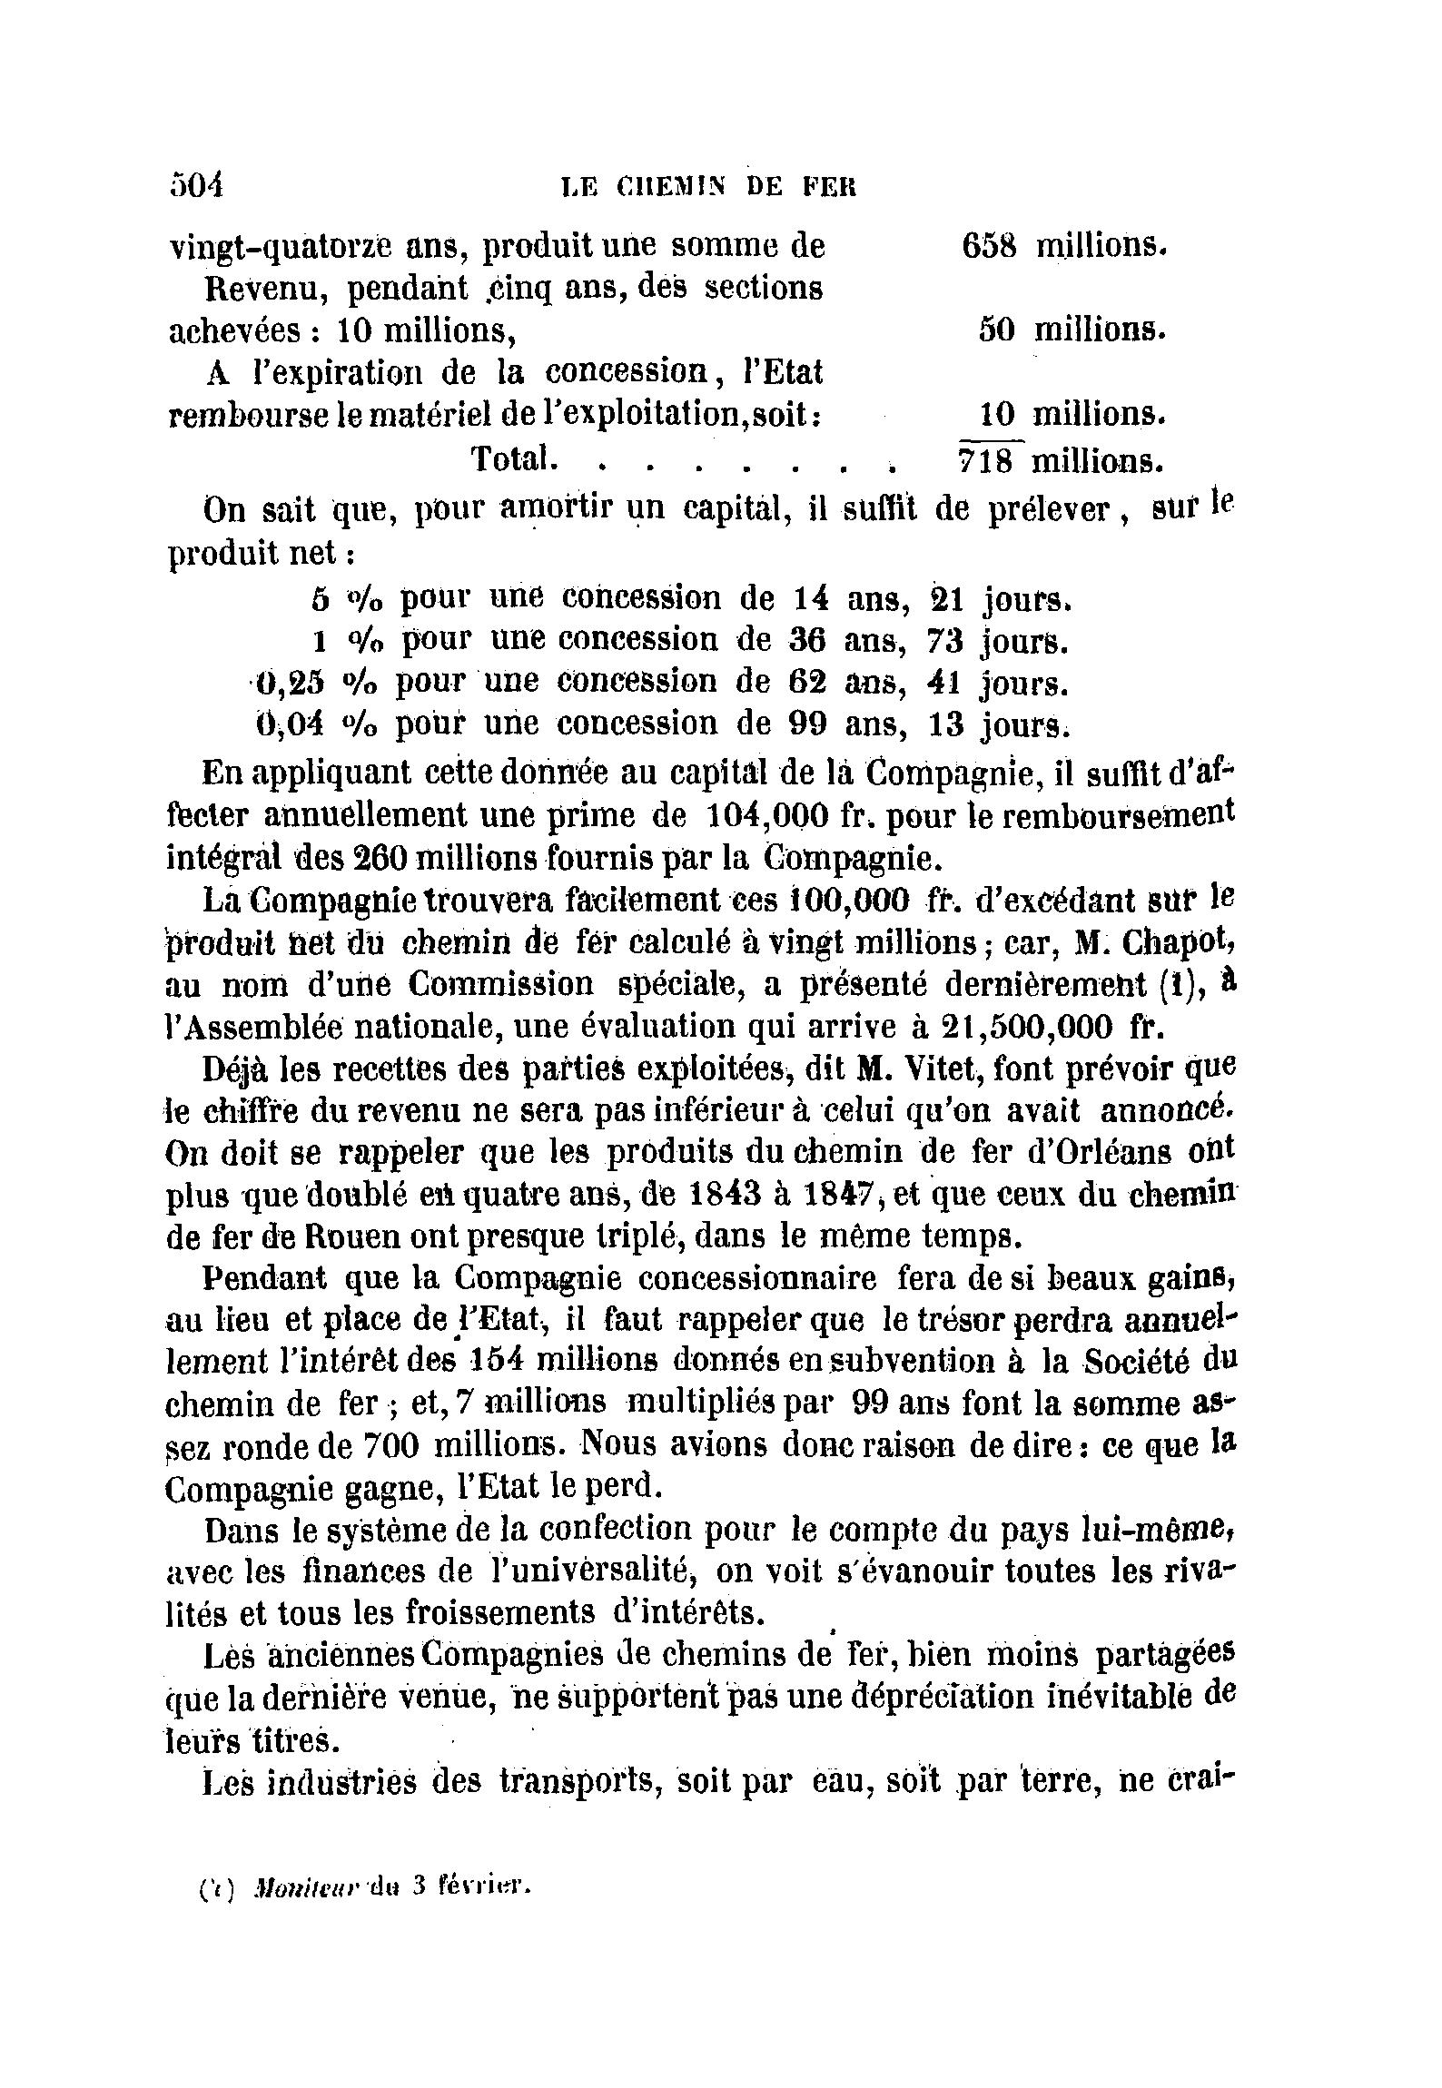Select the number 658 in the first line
[x=987, y=245]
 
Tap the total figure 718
[x=987, y=460]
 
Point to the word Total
[x=511, y=458]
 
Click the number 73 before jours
[x=944, y=641]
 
